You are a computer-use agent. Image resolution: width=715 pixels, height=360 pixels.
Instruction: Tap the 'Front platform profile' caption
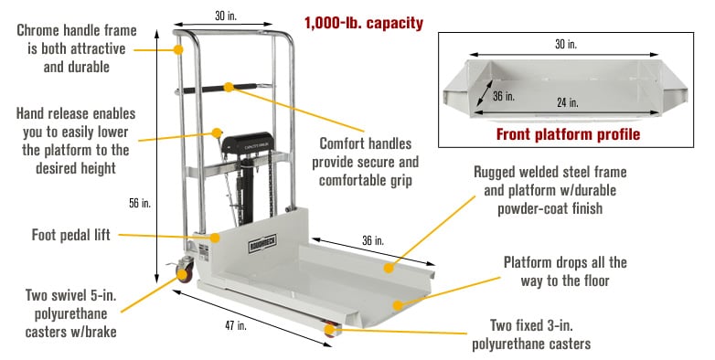pos(568,134)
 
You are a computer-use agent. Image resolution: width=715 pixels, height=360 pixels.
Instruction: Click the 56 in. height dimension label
pos(139,203)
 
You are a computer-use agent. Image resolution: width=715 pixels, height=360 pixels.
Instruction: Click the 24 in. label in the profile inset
pos(567,102)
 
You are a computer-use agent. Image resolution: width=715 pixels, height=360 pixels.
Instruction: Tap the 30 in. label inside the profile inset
pos(566,44)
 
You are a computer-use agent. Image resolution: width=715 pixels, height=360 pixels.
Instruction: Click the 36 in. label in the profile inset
pos(503,94)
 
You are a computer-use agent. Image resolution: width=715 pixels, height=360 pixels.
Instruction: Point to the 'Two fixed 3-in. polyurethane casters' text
pos(531,334)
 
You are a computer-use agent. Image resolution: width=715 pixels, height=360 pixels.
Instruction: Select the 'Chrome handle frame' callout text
pos(75,48)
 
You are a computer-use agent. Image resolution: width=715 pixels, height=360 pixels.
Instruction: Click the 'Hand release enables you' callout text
pos(75,141)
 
